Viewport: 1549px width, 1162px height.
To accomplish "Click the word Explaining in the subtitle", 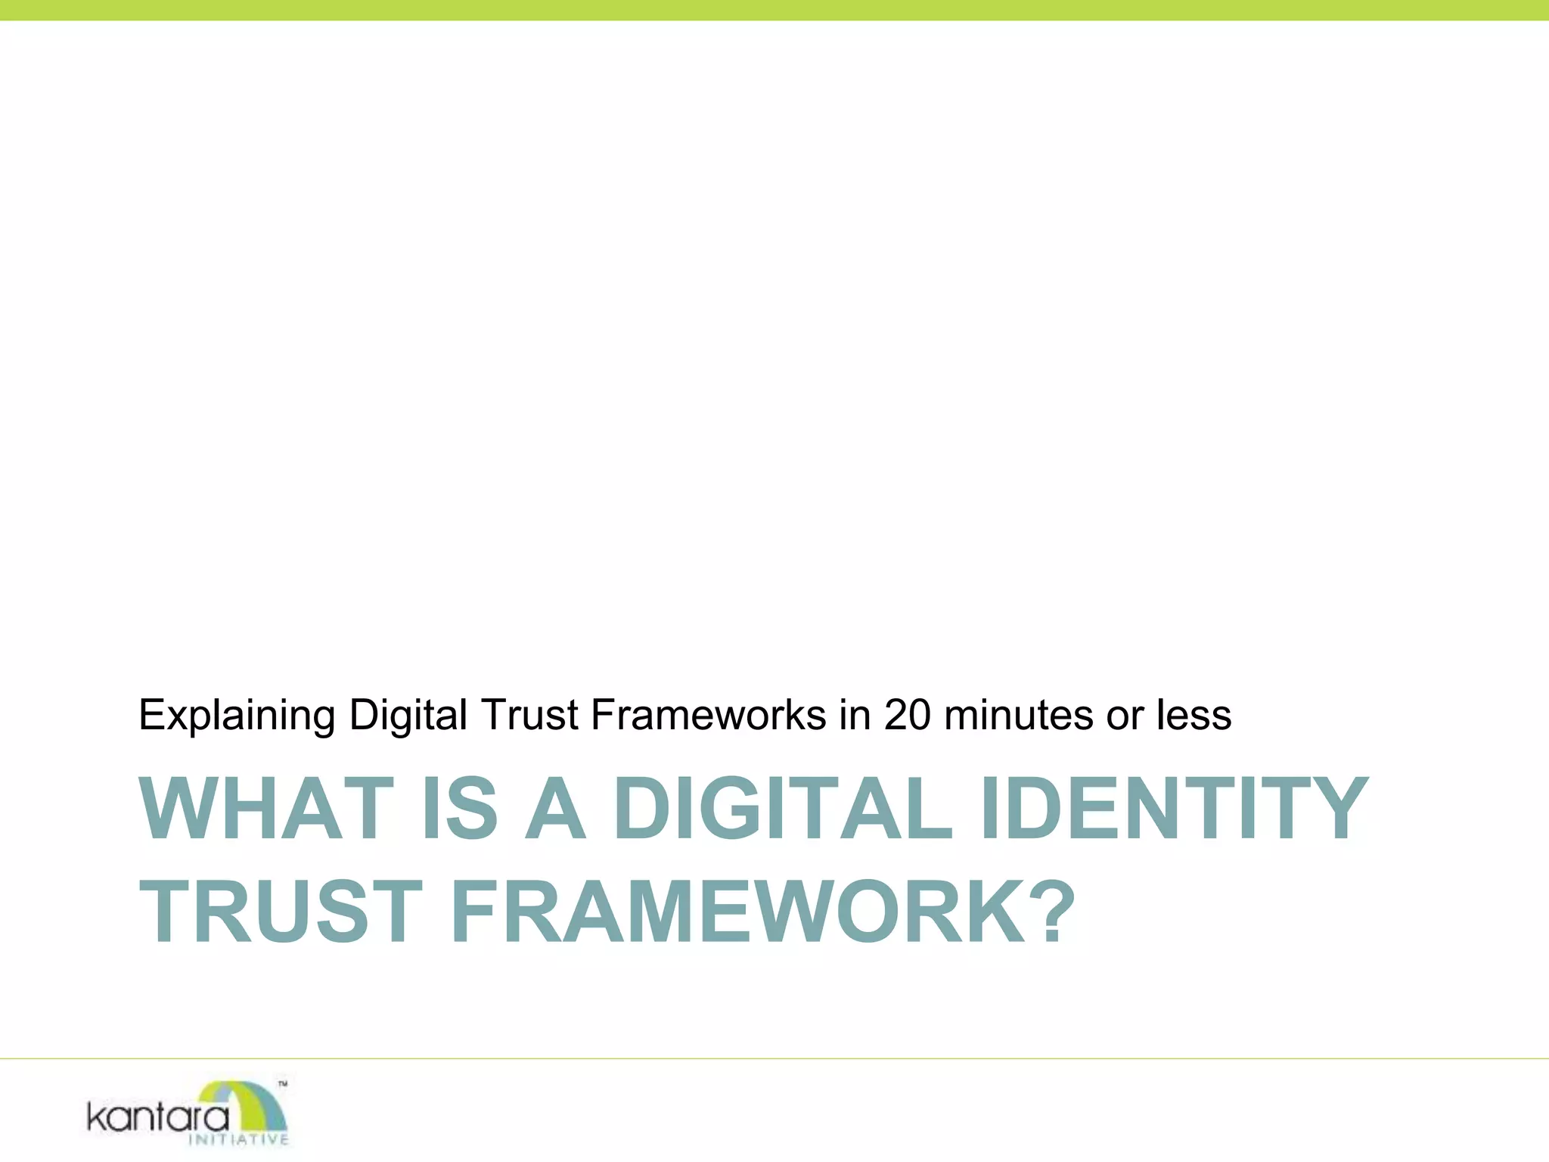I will pyautogui.click(x=237, y=716).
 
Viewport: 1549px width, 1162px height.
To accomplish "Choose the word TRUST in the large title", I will pyautogui.click(x=281, y=912).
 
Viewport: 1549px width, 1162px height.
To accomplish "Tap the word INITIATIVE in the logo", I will pyautogui.click(x=238, y=1140).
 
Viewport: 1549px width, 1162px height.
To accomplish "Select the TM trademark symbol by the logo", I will pyautogui.click(x=282, y=1084).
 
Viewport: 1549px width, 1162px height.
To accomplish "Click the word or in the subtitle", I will pyautogui.click(x=1125, y=716).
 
